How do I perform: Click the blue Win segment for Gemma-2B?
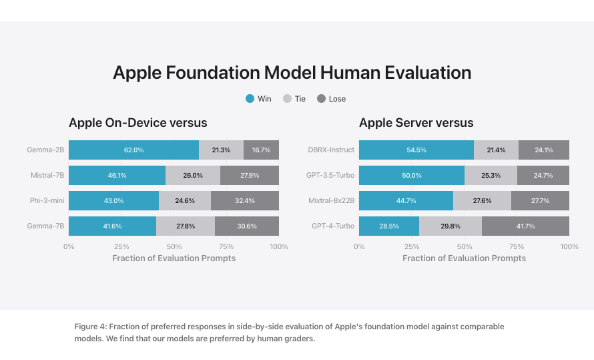[133, 150]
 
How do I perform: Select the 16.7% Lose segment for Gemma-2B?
[261, 150]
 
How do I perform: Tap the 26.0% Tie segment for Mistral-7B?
[193, 176]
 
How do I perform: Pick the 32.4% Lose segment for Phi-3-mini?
[245, 201]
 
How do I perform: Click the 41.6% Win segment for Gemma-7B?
[112, 226]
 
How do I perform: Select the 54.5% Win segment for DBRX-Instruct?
[416, 150]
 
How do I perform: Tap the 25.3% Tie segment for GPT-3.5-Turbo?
[491, 176]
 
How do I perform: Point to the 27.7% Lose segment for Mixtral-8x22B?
[540, 201]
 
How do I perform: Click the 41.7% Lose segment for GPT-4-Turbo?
[525, 226]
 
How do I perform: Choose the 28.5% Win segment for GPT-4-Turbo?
[389, 226]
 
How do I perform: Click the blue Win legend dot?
[250, 99]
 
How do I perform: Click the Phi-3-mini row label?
[47, 201]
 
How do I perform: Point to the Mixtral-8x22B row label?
[331, 201]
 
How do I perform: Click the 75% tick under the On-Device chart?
[226, 246]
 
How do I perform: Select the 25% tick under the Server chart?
[412, 246]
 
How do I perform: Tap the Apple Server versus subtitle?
[416, 123]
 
